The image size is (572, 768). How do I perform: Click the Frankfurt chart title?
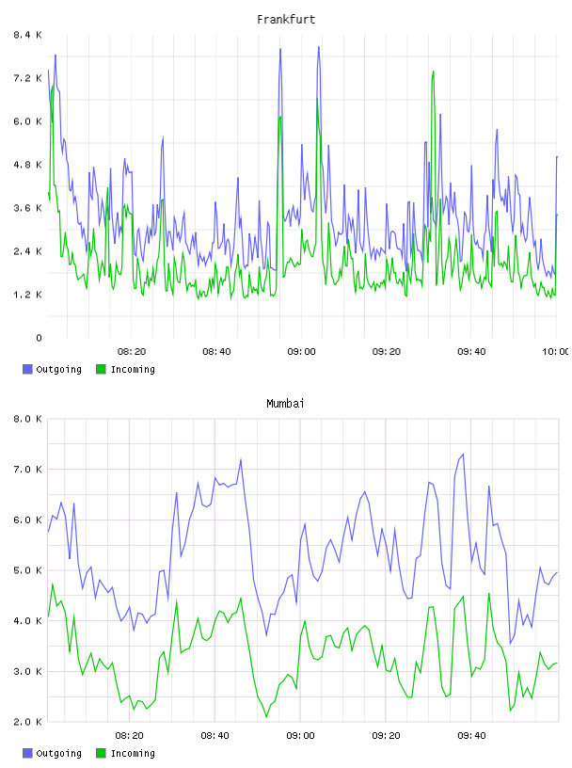point(286,20)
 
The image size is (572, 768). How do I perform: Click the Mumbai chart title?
point(285,404)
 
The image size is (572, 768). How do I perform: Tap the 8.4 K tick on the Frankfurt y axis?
point(27,35)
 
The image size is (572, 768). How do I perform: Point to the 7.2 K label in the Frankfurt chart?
point(27,78)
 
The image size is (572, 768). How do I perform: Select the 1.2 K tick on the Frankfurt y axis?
point(27,295)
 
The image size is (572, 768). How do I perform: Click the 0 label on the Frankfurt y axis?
point(39,338)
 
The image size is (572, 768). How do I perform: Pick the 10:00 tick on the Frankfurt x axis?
point(555,352)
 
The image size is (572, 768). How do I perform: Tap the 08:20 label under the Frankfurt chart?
point(132,352)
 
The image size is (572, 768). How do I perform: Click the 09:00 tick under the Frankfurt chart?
point(301,352)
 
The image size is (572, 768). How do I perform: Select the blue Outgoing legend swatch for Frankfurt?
point(27,369)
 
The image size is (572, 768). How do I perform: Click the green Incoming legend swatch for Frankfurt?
point(101,369)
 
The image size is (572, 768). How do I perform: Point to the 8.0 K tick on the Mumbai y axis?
point(27,419)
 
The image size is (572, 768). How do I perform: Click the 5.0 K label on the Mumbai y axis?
point(27,570)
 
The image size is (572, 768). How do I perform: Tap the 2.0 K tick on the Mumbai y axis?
point(27,722)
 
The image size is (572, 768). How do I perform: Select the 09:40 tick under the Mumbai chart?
point(471,736)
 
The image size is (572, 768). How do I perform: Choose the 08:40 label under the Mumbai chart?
point(214,736)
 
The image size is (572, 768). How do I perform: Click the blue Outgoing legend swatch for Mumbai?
point(27,753)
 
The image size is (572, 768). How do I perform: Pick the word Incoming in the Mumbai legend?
point(133,754)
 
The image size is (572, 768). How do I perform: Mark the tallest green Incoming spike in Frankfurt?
point(433,72)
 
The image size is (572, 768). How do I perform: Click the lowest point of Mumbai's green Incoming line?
point(266,717)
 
